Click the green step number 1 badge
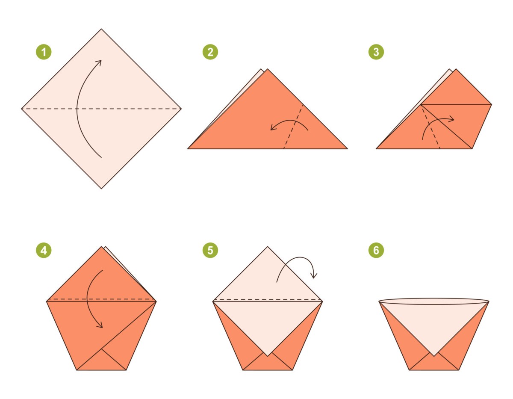(x=43, y=53)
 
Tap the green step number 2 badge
(x=210, y=53)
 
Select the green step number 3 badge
(x=376, y=53)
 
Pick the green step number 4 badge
(x=43, y=251)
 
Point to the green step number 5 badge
(x=210, y=251)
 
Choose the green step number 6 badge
(x=376, y=251)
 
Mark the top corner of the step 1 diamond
(x=101, y=29)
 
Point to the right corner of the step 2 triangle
(x=347, y=148)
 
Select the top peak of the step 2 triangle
(x=268, y=69)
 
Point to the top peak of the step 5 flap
(x=268, y=247)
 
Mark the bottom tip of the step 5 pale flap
(x=268, y=355)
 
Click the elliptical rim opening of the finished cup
(x=433, y=301)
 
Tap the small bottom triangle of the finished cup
(x=434, y=363)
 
